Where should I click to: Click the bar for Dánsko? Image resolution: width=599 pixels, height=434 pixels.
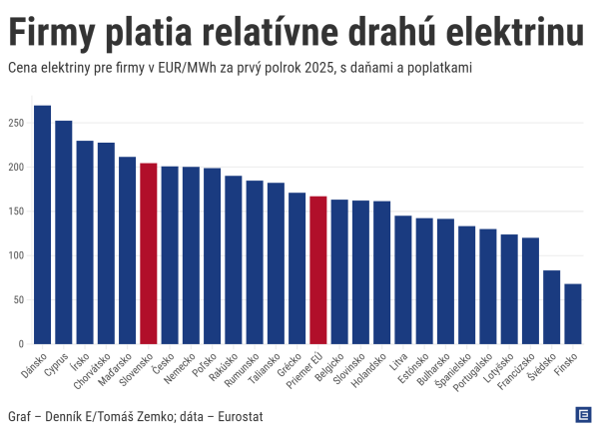pos(42,224)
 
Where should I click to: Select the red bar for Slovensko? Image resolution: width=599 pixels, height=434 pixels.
pos(148,253)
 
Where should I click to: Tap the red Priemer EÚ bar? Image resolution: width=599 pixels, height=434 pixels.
pos(318,269)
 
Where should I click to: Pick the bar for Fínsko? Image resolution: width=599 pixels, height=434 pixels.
pos(572,313)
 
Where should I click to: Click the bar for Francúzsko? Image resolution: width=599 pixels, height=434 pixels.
pos(530,290)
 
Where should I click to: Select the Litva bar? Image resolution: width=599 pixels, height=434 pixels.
pos(402,279)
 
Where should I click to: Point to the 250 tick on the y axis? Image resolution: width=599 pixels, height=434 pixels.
pos(15,123)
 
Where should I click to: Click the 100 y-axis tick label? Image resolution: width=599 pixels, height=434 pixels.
pos(15,255)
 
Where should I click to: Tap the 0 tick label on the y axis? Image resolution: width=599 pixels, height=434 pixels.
pos(20,344)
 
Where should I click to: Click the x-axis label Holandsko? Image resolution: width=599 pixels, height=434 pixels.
pos(372,369)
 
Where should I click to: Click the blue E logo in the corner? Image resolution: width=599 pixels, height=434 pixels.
pos(582,415)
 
